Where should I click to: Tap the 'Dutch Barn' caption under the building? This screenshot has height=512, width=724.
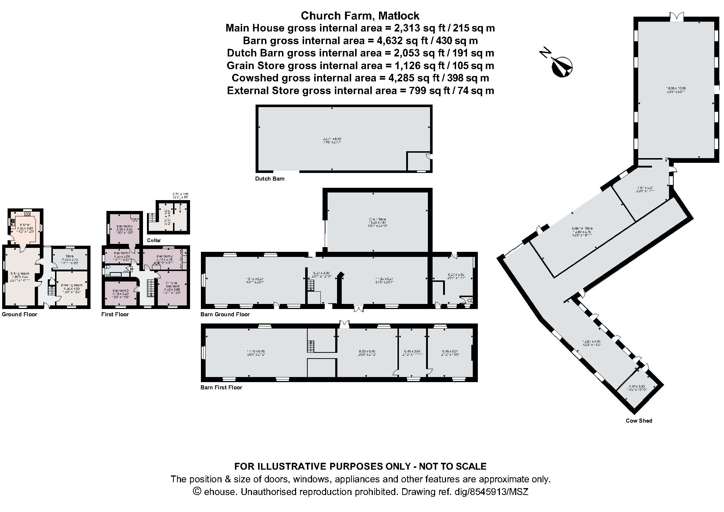270,178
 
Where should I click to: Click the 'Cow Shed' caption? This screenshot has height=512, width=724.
639,420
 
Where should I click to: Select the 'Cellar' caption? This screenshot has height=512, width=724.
154,240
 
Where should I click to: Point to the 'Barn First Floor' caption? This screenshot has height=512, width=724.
221,387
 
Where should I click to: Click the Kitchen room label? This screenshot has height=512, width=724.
25,225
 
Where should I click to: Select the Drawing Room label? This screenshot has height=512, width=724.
72,285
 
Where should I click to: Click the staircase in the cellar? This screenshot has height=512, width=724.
152,218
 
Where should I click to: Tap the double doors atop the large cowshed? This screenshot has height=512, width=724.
676,26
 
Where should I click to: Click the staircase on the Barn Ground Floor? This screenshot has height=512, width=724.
310,285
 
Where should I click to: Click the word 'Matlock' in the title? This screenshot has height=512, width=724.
399,16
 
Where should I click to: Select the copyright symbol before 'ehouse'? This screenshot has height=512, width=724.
197,491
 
